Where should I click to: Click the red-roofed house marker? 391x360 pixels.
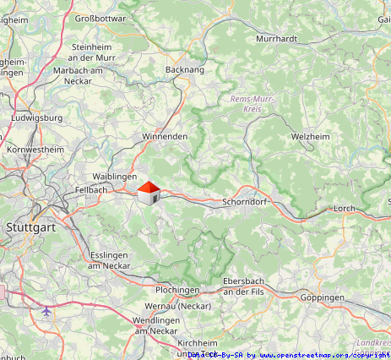click(149, 194)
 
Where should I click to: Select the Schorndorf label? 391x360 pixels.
click(245, 203)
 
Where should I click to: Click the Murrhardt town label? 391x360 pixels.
click(276, 39)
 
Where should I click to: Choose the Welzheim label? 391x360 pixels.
click(310, 136)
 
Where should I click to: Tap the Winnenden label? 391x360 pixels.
click(165, 136)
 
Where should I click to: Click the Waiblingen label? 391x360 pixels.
click(114, 176)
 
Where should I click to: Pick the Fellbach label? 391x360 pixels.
click(90, 190)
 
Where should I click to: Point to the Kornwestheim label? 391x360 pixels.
click(35, 150)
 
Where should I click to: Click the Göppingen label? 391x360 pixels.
click(323, 298)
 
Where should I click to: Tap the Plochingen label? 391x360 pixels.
click(177, 290)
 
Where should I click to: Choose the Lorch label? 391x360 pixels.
click(345, 208)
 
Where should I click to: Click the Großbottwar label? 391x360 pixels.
click(100, 18)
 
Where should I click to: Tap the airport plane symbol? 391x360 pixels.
click(46, 311)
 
